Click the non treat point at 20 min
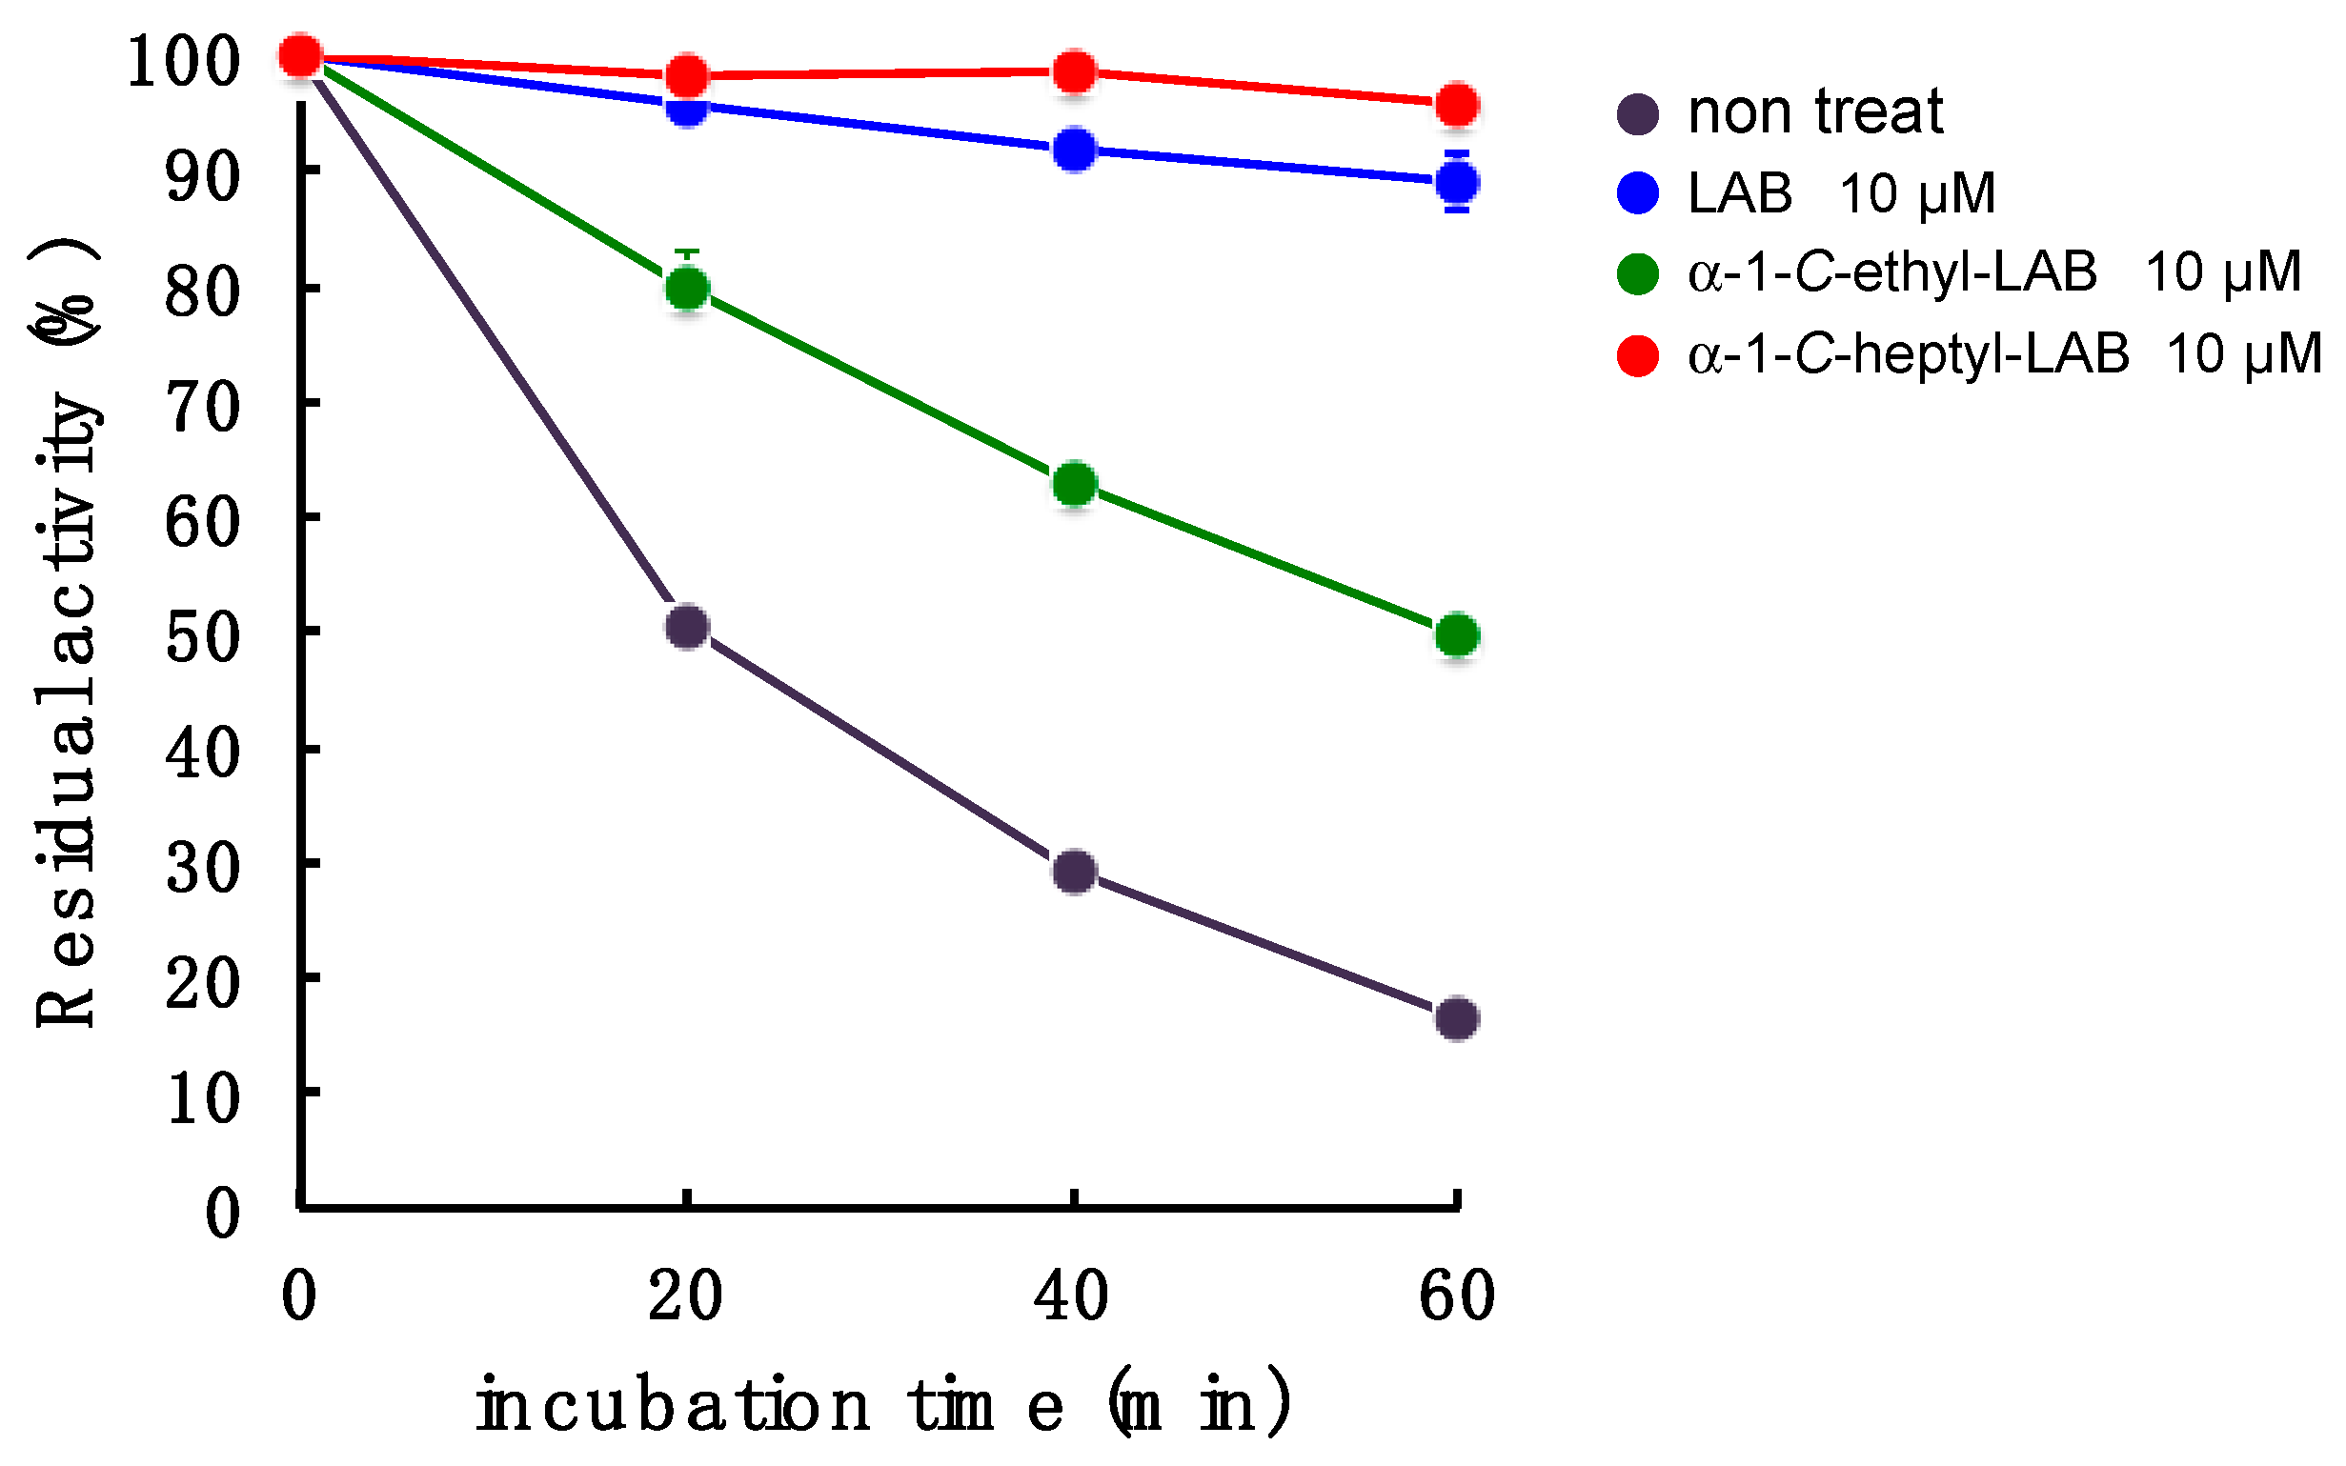pos(687,628)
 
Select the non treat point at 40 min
pos(1074,872)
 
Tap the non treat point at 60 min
pos(1457,1019)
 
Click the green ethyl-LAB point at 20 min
pos(687,289)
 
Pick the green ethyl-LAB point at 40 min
pos(1074,484)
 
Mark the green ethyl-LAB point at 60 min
pos(1457,636)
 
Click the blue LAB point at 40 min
pos(1074,150)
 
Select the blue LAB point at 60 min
pos(1457,181)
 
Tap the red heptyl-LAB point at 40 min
pos(1074,70)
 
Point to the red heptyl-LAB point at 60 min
pos(1457,105)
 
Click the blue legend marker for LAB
pos(1638,193)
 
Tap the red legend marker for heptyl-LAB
pos(1638,355)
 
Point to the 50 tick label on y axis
pos(202,639)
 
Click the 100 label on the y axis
pos(182,62)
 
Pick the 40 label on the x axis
pos(1071,1296)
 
